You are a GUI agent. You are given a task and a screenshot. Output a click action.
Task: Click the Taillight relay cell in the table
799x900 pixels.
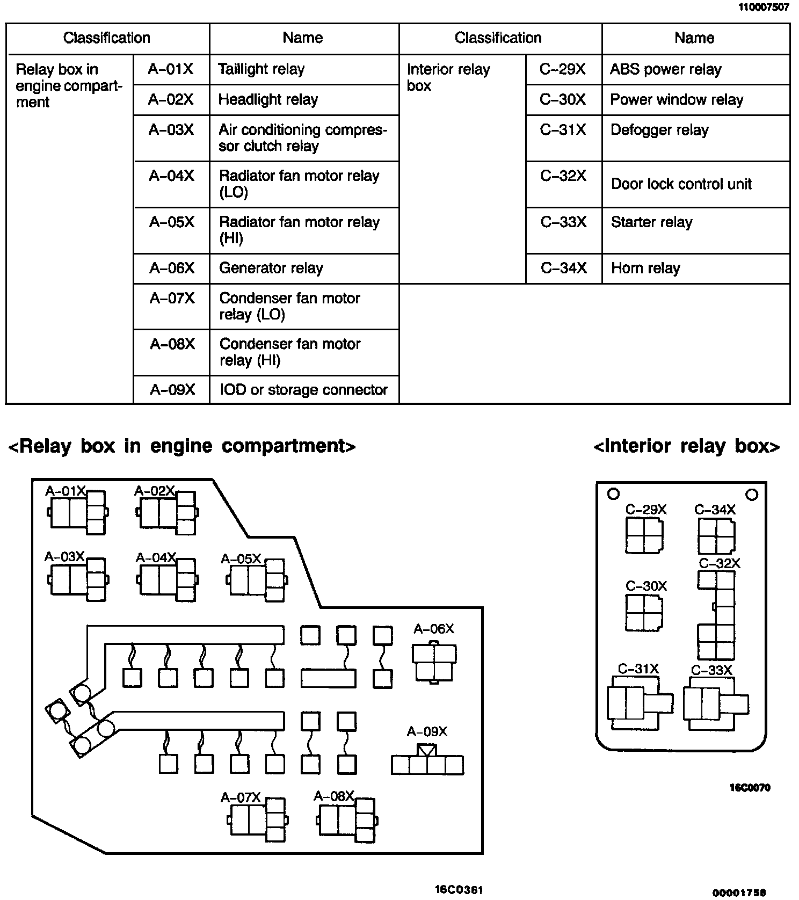(x=303, y=69)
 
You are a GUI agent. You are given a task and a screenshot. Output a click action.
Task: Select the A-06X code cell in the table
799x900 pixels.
(x=171, y=268)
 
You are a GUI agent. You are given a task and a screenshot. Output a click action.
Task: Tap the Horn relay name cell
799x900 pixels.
(x=695, y=268)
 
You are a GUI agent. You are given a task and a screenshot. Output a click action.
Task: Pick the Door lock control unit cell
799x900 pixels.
(x=695, y=184)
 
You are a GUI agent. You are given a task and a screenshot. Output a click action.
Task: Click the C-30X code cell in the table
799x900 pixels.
(x=563, y=99)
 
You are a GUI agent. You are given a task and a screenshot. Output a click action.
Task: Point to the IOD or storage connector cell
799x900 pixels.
(x=303, y=389)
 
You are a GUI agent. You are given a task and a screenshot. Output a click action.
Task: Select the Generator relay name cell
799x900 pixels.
(x=303, y=268)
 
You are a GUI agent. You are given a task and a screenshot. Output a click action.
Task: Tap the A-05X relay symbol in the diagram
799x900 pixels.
(x=257, y=580)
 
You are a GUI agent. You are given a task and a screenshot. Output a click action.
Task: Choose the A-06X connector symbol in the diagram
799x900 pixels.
(x=434, y=662)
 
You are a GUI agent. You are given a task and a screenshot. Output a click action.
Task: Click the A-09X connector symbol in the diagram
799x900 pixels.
(x=427, y=761)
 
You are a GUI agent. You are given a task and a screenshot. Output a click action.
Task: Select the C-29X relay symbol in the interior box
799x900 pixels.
(x=644, y=535)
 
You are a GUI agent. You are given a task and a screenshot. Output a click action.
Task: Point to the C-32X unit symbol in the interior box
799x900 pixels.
(x=716, y=615)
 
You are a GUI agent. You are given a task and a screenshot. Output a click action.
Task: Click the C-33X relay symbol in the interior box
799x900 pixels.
(x=715, y=703)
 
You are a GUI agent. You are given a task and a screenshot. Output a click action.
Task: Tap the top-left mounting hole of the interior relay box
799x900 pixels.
(x=613, y=493)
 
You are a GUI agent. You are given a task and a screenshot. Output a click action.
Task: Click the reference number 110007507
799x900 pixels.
(x=764, y=8)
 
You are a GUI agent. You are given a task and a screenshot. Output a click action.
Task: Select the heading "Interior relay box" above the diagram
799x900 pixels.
(x=686, y=446)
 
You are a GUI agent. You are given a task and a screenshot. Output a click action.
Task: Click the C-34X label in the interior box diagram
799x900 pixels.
(x=715, y=510)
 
